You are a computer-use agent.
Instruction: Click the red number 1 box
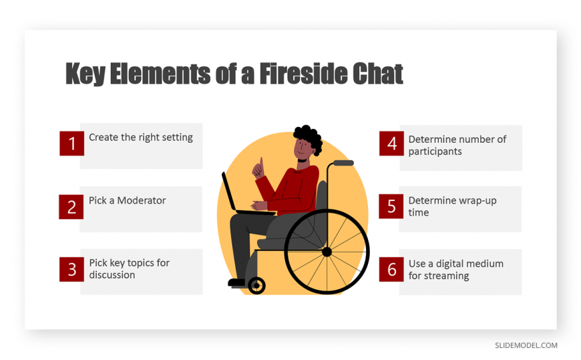point(72,143)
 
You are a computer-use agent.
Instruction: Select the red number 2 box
point(71,207)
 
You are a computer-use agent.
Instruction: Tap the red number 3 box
point(71,270)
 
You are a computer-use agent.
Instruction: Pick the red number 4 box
point(391,144)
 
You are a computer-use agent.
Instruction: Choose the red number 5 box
point(391,206)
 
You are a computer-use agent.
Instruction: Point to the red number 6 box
point(391,270)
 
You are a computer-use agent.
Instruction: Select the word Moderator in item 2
point(141,200)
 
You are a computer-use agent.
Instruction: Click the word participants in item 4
point(435,152)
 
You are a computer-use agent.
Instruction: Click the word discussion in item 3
point(112,275)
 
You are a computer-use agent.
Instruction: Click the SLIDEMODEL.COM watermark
point(526,345)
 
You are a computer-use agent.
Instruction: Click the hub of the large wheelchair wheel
point(327,252)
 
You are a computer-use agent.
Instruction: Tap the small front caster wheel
point(256,285)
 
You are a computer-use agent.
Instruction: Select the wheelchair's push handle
point(343,163)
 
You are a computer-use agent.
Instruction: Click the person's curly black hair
point(309,136)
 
